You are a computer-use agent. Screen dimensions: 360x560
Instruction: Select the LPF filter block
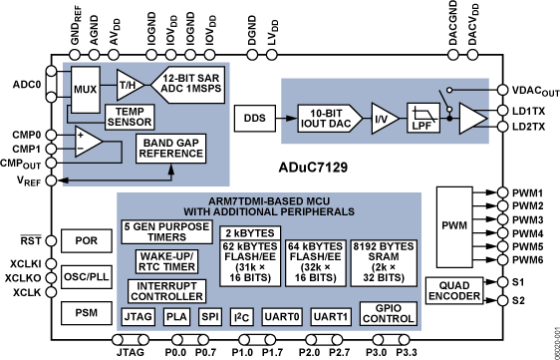click(x=419, y=119)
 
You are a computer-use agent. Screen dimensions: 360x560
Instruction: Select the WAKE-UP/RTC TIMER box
click(x=163, y=260)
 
